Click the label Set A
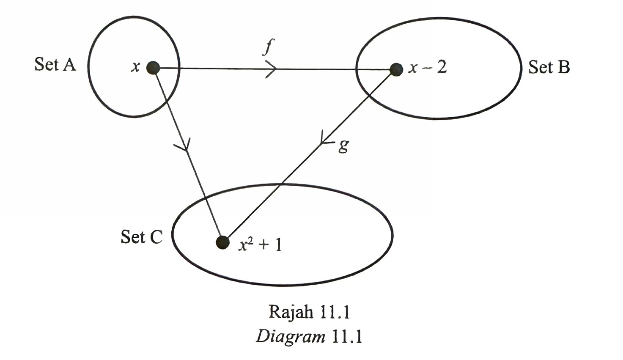click(55, 65)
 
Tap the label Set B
click(549, 67)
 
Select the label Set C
click(141, 237)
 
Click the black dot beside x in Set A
click(153, 68)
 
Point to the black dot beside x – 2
click(396, 69)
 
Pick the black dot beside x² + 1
click(222, 242)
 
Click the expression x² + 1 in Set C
click(260, 245)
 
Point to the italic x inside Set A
click(135, 67)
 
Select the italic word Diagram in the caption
click(290, 337)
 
